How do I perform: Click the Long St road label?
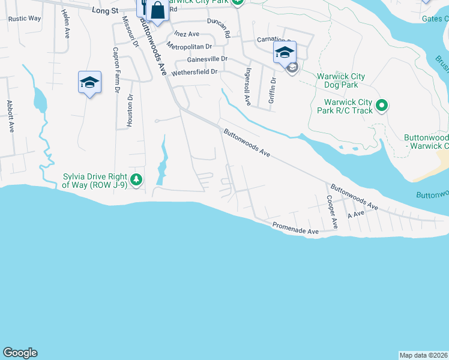tap(106, 10)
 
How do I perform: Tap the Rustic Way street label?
tap(25, 19)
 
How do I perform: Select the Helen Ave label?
tap(65, 25)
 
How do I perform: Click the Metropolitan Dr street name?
tap(190, 46)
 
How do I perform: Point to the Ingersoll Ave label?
tap(247, 85)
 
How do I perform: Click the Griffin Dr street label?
tap(272, 90)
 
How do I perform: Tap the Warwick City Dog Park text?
tap(341, 81)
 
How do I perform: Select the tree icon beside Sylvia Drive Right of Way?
tap(136, 179)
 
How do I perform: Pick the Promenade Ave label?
tap(295, 229)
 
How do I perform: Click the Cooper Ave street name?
tap(331, 211)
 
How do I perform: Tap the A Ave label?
tap(355, 214)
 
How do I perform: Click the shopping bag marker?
tap(157, 11)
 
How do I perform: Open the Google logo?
tap(20, 353)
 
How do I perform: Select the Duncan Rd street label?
tap(219, 28)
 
